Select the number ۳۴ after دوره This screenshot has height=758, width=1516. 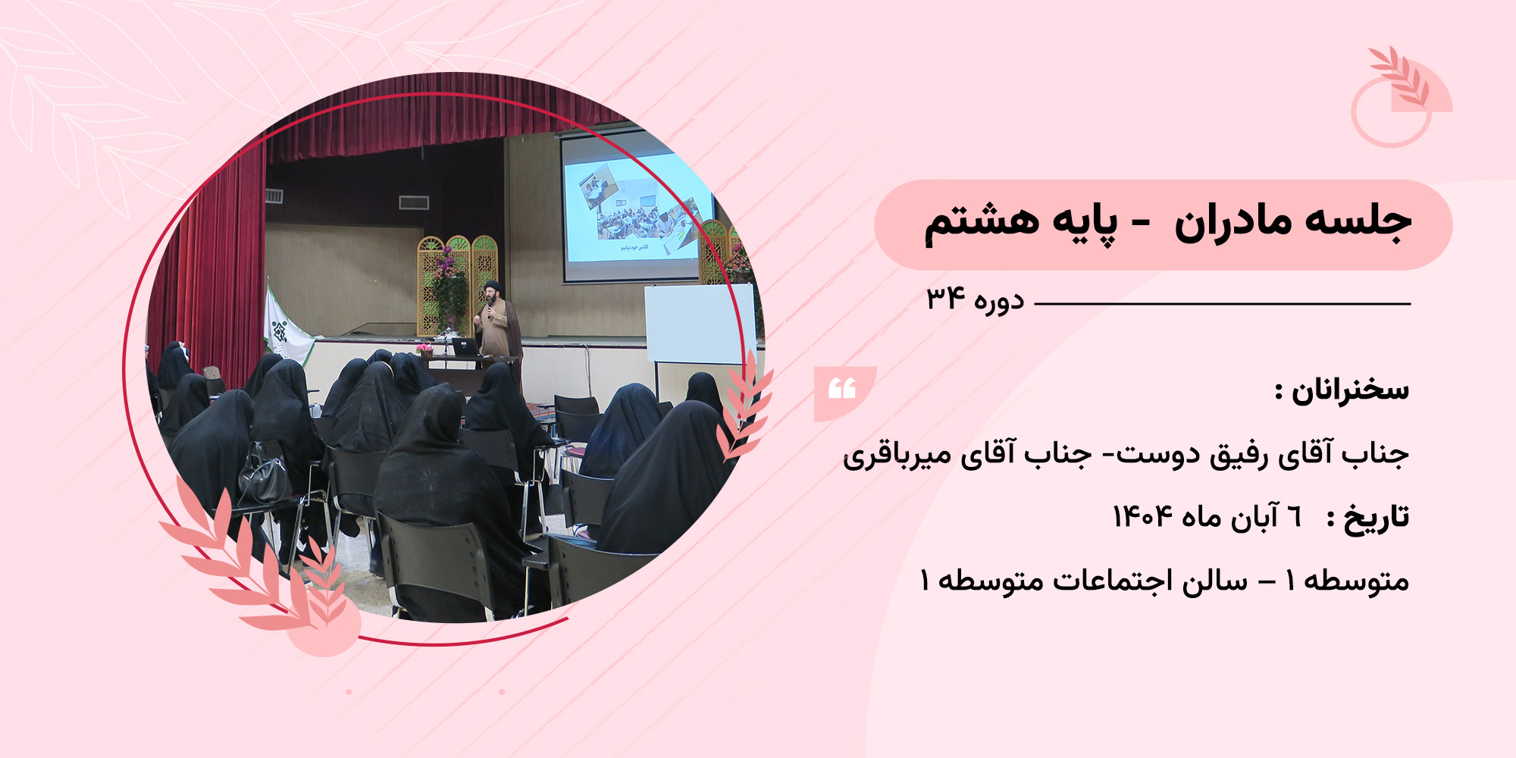945,299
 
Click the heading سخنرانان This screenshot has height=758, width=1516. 1350,390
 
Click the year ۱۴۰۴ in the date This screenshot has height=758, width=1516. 1142,517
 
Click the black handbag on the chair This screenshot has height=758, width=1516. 264,476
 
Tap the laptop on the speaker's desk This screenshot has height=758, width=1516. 464,347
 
